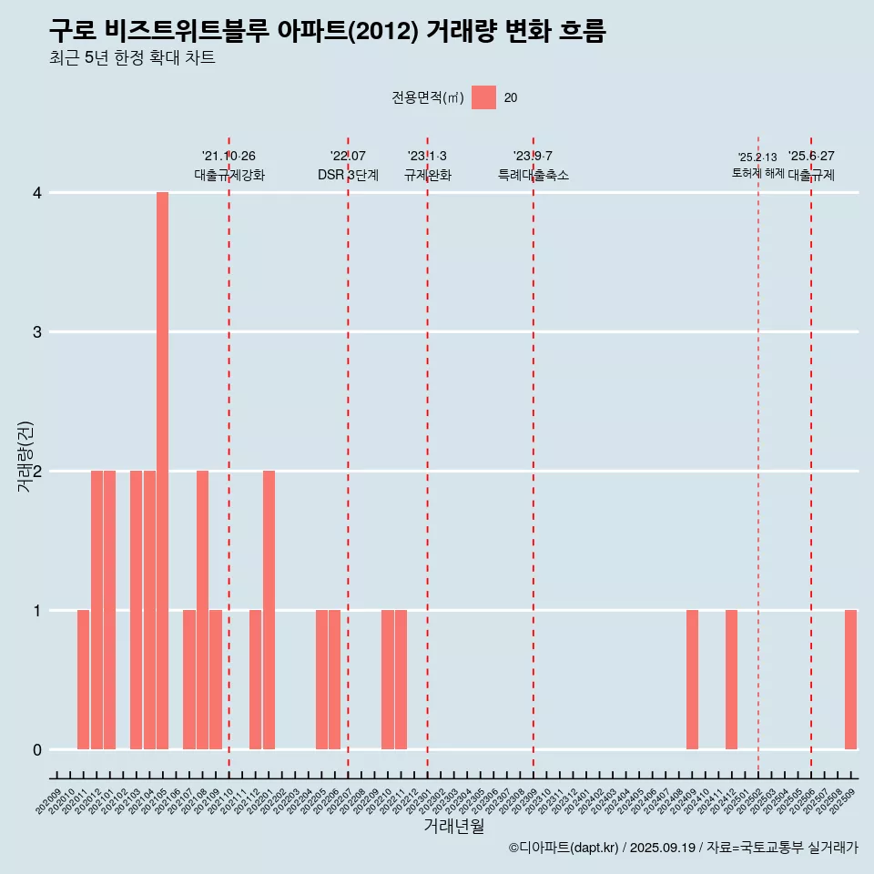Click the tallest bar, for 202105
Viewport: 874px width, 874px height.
[162, 471]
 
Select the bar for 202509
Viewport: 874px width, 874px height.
[850, 679]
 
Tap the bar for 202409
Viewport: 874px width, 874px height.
[692, 679]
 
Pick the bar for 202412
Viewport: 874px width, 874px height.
[731, 679]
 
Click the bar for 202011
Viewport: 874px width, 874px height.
[83, 679]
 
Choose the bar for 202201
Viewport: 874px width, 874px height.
[269, 610]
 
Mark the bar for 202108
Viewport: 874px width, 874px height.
[202, 610]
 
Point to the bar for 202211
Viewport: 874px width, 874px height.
[401, 679]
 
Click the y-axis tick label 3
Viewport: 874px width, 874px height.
[37, 331]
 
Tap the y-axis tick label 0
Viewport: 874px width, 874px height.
[37, 749]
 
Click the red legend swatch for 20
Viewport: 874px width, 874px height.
[483, 97]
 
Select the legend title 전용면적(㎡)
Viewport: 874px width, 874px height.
[427, 98]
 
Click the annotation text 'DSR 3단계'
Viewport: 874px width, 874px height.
[348, 175]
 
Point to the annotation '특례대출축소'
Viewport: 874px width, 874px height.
[533, 175]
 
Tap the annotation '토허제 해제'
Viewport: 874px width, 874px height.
[757, 173]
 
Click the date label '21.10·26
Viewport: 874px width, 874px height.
[229, 157]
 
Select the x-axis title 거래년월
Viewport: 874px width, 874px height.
[453, 826]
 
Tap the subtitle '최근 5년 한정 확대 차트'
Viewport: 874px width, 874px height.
[132, 58]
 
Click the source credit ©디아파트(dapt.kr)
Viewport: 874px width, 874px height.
[564, 848]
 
